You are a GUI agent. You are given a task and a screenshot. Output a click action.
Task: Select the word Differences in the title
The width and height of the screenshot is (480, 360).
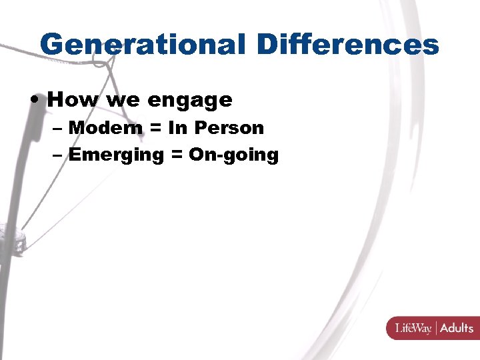pos(347,45)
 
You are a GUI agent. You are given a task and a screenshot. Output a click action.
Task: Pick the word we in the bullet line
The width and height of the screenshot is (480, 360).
pos(122,101)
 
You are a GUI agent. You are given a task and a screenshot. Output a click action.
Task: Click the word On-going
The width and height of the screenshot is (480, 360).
pos(233,155)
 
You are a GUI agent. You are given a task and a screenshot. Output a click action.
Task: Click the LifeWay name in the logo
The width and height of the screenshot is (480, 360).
pos(414,328)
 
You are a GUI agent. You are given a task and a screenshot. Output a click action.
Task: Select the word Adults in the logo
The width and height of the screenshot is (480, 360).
pos(457,328)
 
